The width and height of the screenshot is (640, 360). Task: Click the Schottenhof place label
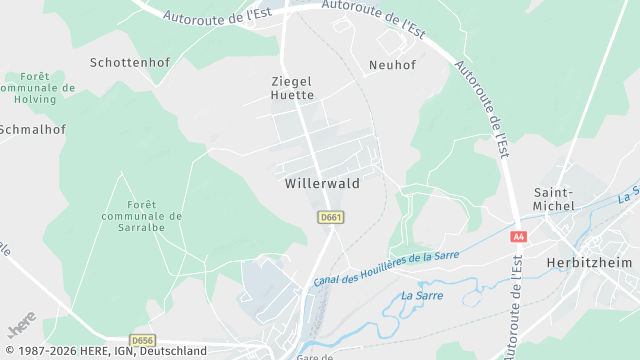130,62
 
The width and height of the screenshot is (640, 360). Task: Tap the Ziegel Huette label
292,88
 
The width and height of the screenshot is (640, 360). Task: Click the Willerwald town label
322,184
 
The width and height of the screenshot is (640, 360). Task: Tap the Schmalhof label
29,129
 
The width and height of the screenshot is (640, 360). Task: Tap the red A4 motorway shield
518,237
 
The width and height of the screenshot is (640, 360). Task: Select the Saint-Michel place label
554,199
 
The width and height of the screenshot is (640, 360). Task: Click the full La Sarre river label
422,295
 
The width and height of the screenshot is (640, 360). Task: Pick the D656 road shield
143,340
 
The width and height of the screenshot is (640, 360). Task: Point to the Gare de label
314,356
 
